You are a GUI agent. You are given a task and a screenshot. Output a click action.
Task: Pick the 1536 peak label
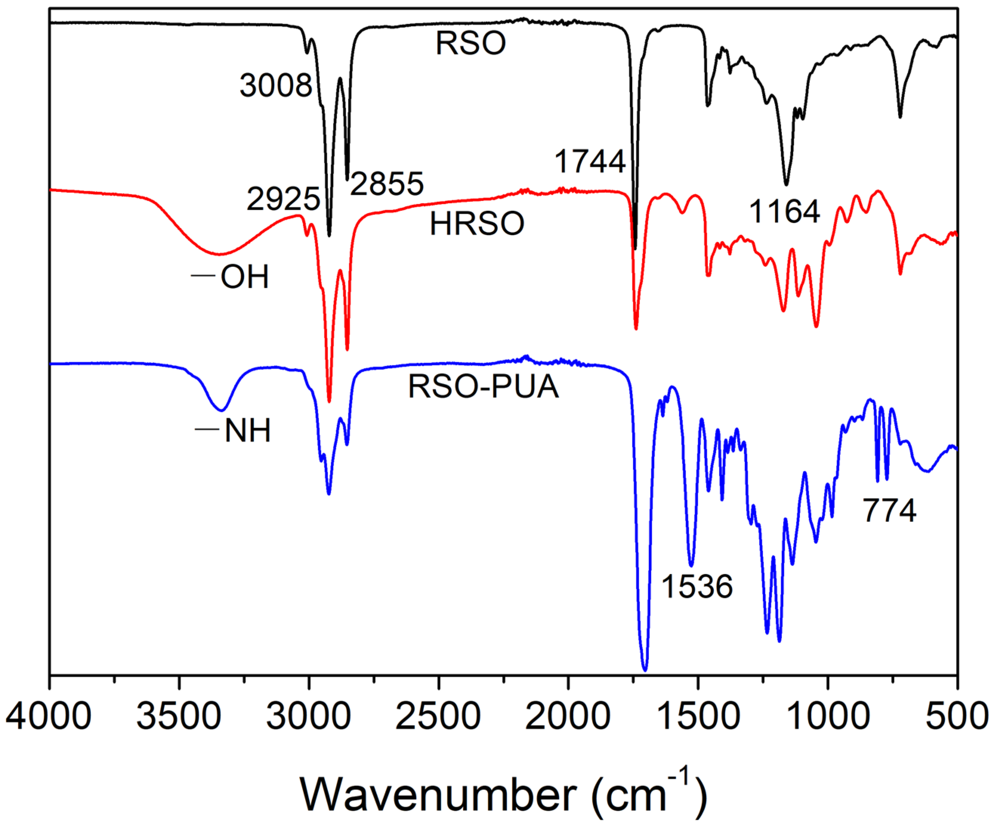[697, 586]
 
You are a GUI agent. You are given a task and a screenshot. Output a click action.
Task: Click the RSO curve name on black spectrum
[471, 44]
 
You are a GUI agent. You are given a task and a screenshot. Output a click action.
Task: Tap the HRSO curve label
[477, 224]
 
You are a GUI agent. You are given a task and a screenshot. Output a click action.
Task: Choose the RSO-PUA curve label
[483, 387]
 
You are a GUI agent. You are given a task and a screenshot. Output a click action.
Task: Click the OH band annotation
[244, 277]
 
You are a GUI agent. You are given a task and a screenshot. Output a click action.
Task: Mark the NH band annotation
[247, 431]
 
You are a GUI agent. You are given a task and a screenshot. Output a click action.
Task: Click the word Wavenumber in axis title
[438, 795]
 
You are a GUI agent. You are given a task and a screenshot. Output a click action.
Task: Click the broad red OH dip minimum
[219, 254]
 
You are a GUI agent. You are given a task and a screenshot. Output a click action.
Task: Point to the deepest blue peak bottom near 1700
[645, 670]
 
